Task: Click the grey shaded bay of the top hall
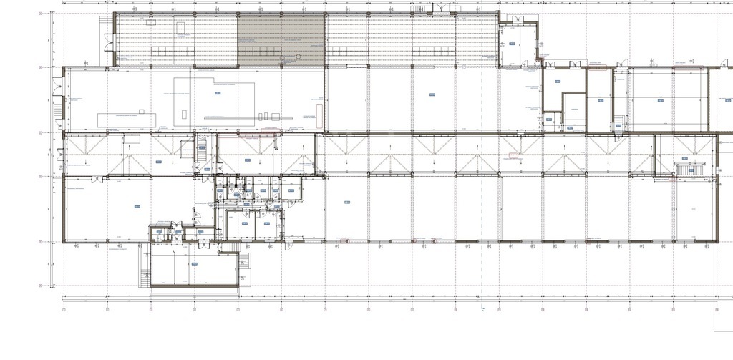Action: [x=281, y=39]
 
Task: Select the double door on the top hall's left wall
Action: [x=108, y=47]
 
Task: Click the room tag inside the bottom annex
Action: [x=194, y=264]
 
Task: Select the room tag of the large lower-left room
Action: [x=136, y=207]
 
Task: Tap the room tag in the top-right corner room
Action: [x=513, y=44]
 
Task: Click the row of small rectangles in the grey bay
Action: [x=261, y=51]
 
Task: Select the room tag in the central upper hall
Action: [x=432, y=94]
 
